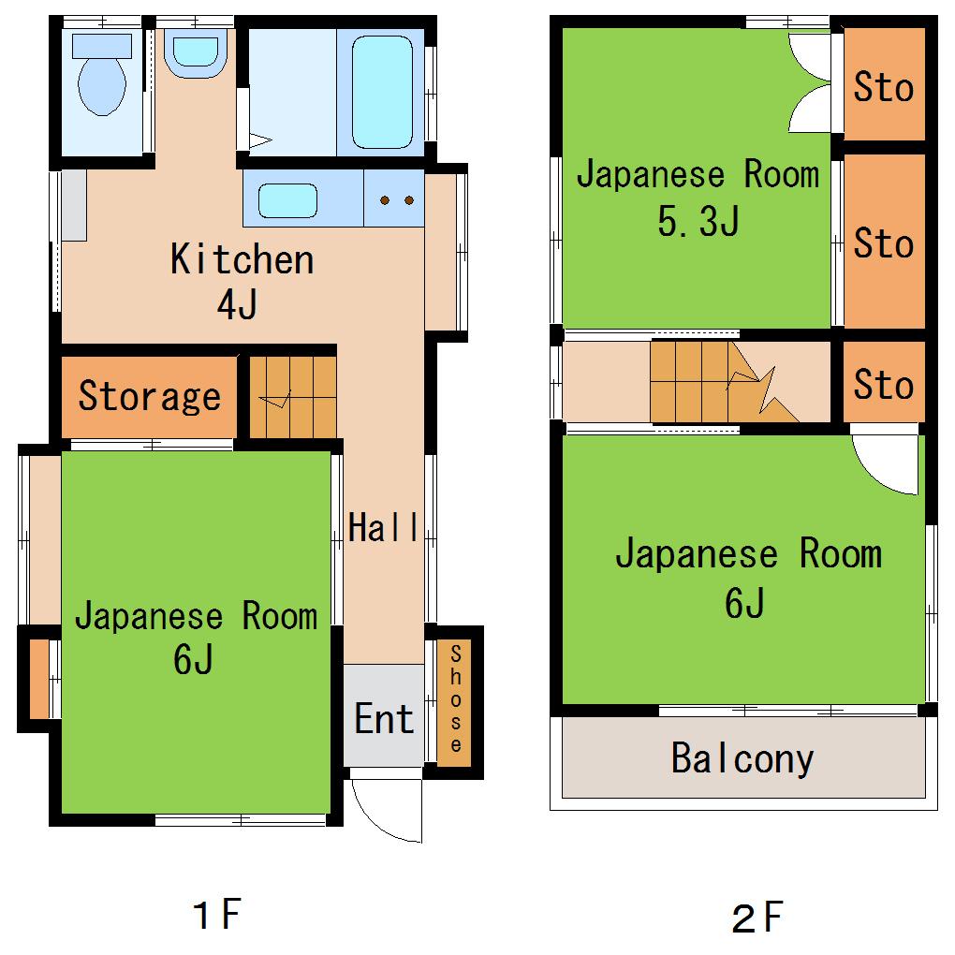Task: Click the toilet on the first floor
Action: pos(102,74)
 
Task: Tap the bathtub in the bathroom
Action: pos(383,92)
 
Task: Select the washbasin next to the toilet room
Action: pos(196,53)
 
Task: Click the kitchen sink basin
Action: pos(287,200)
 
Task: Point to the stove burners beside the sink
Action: pos(396,199)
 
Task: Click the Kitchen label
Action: pos(242,259)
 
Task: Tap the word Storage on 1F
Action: pos(150,396)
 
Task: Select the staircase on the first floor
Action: pos(293,396)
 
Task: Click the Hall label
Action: pos(384,527)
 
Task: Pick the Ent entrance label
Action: pos(384,718)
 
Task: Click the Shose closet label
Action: pos(456,698)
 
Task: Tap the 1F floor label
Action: pos(217,914)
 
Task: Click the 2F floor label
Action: pos(757,918)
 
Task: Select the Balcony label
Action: pos(742,759)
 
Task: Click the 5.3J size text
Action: pos(698,220)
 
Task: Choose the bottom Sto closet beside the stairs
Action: pos(884,382)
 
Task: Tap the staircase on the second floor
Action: pos(724,381)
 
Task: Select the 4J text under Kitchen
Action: pos(238,304)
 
